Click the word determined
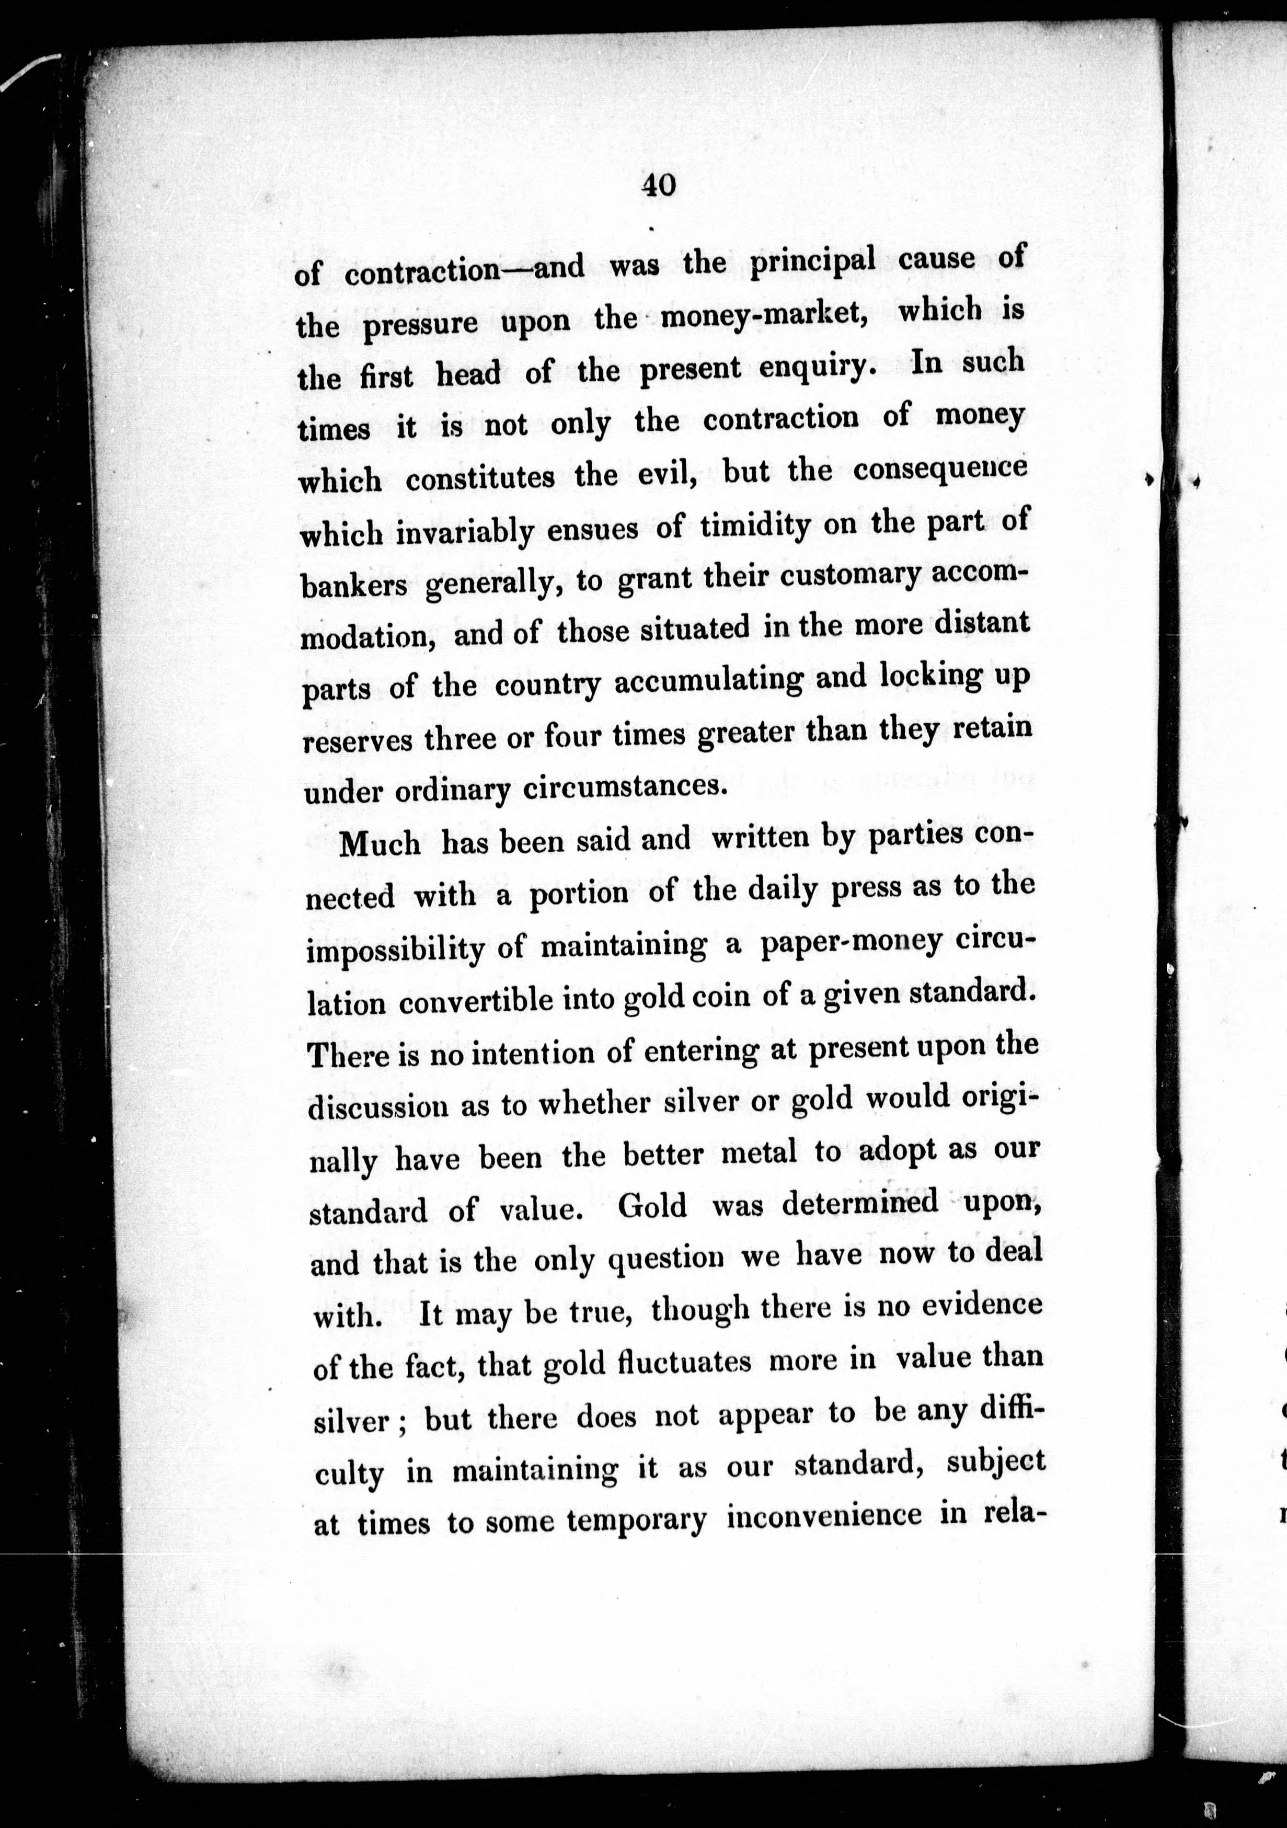click(859, 1203)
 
